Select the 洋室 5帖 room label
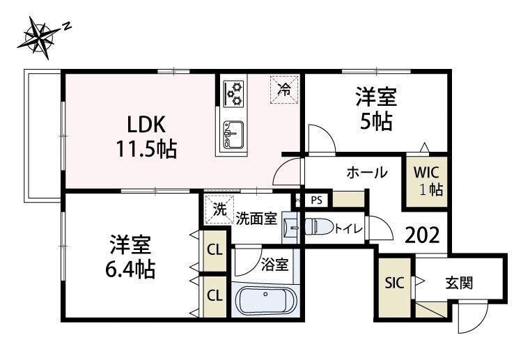[x=376, y=109]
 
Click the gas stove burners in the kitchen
[x=234, y=92]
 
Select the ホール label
[x=366, y=173]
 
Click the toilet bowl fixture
[x=320, y=227]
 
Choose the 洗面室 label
[x=256, y=218]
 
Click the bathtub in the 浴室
[x=266, y=301]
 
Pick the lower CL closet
[x=215, y=295]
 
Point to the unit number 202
[x=422, y=235]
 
